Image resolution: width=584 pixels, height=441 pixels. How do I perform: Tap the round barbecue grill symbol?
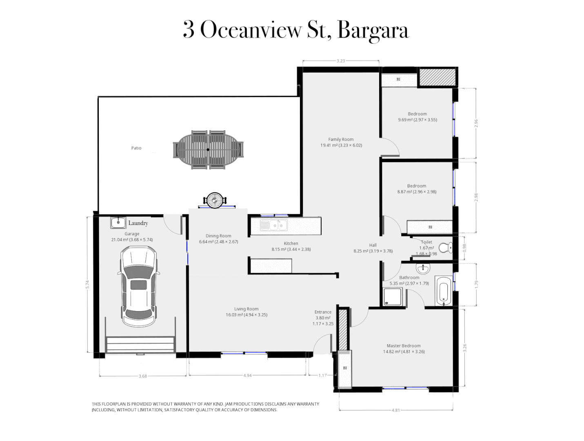click(214, 200)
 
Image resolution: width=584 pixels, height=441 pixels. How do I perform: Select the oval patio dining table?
click(208, 149)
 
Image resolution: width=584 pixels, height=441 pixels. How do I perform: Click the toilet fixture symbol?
click(445, 247)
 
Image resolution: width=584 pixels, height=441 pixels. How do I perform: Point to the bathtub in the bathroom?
click(443, 291)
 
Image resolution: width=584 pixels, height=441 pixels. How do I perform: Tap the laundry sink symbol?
click(118, 223)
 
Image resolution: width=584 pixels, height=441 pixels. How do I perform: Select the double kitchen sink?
click(274, 225)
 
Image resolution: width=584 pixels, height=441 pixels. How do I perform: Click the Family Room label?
click(341, 139)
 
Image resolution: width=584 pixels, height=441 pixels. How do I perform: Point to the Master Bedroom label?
click(403, 345)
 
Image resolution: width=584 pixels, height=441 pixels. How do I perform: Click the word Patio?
click(136, 148)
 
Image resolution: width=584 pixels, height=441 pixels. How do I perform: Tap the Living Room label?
click(246, 309)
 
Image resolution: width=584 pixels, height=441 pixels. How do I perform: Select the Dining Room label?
click(218, 236)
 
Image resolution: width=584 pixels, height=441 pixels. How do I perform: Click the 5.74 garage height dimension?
click(87, 284)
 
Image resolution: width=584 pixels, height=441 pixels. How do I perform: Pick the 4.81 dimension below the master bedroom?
click(395, 410)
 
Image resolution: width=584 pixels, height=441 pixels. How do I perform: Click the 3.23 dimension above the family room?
click(340, 61)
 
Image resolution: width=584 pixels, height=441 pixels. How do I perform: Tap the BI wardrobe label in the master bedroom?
click(345, 368)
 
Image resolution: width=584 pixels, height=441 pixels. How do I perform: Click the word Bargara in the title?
click(373, 31)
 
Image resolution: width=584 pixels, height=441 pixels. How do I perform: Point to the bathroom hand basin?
click(423, 268)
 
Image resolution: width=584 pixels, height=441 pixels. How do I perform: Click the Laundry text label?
click(138, 223)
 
